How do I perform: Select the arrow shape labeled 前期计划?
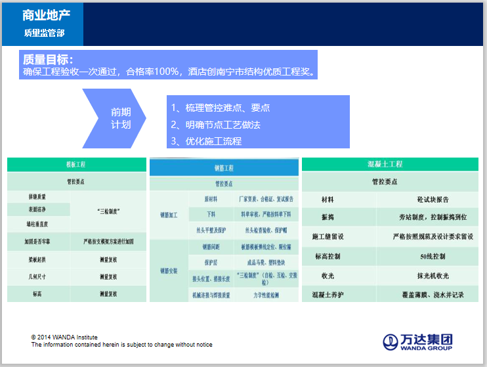coord(118,118)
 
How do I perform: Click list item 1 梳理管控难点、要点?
coord(221,108)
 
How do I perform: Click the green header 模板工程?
coord(76,164)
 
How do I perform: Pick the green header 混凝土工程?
coord(385,164)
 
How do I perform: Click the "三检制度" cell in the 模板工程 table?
coord(108,211)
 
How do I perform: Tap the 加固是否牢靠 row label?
coord(37,242)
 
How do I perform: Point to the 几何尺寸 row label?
coord(37,277)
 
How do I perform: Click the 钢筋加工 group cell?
coord(169,214)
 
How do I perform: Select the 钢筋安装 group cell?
coord(169,270)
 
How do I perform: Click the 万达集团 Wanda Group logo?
coord(418,341)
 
